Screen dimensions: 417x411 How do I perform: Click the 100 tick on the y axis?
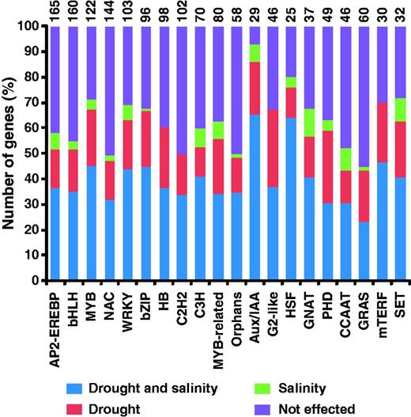point(29,26)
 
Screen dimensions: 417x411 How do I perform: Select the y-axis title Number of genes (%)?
point(10,152)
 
